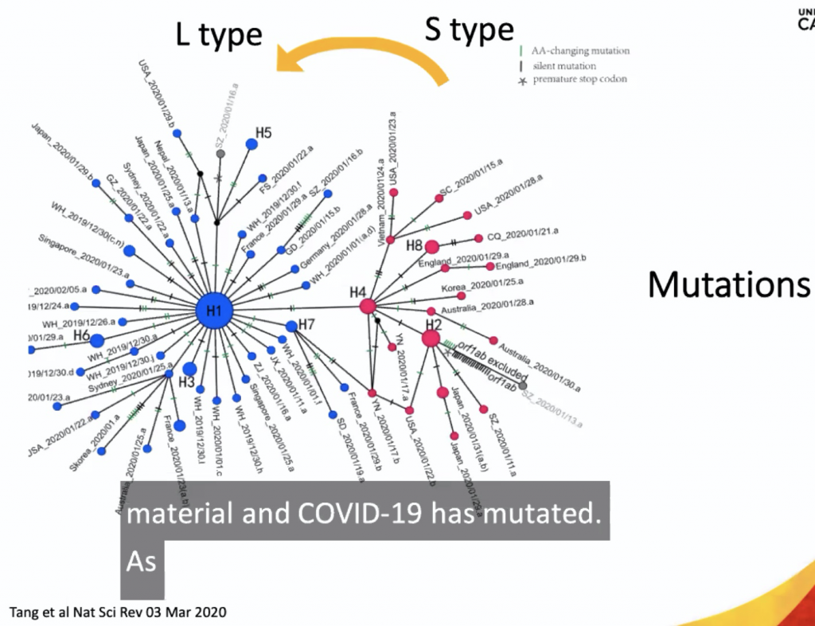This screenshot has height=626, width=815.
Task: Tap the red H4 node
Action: [368, 306]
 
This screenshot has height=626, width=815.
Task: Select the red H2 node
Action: [431, 338]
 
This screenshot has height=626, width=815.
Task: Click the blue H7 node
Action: [291, 326]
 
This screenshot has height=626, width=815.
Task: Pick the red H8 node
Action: [431, 247]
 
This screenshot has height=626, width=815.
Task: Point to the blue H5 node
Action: [252, 144]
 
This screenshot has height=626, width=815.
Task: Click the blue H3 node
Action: [189, 369]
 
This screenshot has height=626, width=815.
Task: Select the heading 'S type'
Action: [469, 30]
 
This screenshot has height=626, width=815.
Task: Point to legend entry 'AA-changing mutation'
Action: [581, 51]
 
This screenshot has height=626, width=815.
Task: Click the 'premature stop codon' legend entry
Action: [581, 80]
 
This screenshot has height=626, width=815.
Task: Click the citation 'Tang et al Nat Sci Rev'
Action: [118, 612]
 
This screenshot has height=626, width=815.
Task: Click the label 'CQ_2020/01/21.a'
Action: [522, 233]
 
